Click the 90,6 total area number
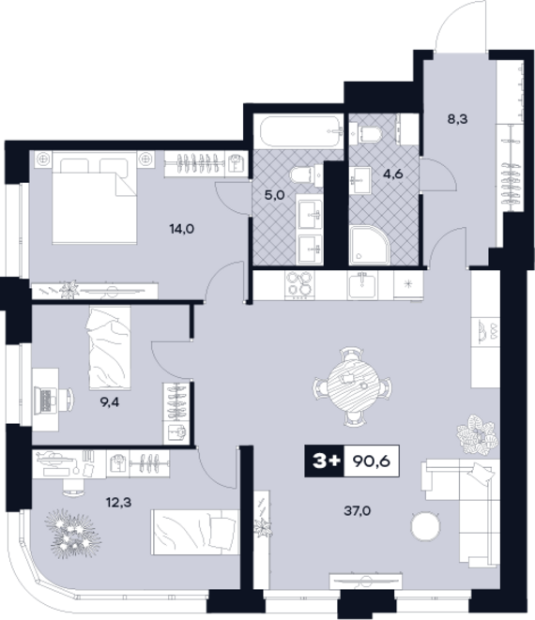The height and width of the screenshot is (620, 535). tap(371, 461)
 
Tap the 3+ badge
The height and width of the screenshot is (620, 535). tap(326, 461)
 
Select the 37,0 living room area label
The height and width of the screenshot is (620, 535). tap(358, 511)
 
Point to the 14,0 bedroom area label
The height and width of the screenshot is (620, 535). tap(182, 229)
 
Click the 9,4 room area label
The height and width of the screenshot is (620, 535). tap(109, 402)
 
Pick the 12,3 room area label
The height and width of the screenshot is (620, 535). tap(118, 503)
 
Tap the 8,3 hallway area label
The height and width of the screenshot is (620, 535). tap(457, 118)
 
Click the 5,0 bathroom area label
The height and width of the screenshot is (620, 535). tap(275, 194)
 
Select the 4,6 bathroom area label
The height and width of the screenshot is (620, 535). tap(393, 174)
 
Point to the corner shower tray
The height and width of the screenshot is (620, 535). tap(370, 245)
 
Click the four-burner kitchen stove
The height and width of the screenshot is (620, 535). tap(300, 284)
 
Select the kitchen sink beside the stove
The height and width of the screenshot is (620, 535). tap(362, 286)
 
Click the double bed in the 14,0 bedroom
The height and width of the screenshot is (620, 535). tap(95, 197)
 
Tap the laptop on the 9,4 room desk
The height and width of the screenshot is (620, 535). tap(45, 401)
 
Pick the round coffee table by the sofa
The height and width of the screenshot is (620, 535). tap(426, 526)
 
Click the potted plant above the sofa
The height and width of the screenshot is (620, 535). tap(477, 434)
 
